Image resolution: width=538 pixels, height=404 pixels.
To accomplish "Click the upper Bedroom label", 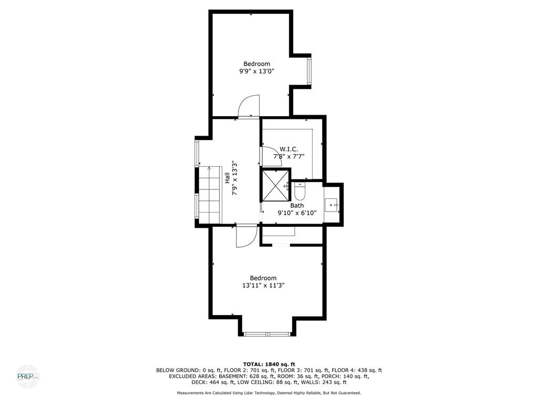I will click(x=256, y=64).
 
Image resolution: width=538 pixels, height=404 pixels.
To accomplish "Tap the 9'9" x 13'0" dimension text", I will click(x=256, y=72).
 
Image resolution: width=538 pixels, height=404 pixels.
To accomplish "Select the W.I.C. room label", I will click(x=289, y=149).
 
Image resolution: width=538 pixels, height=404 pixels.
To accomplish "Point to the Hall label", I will click(x=227, y=178).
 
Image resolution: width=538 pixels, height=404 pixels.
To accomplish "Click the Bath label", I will click(x=297, y=206).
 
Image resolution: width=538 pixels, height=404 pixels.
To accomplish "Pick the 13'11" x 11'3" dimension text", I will click(x=263, y=286).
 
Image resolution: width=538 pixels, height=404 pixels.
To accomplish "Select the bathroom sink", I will click(x=332, y=205).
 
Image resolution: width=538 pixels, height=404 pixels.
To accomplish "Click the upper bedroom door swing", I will click(x=249, y=106).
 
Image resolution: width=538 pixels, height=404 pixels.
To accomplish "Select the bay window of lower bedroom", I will click(x=267, y=334).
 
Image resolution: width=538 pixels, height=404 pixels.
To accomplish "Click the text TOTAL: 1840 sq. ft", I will click(x=269, y=364).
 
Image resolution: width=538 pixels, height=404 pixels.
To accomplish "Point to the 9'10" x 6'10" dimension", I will click(x=297, y=213).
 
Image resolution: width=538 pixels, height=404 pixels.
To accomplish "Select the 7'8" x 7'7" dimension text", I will click(x=289, y=157).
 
